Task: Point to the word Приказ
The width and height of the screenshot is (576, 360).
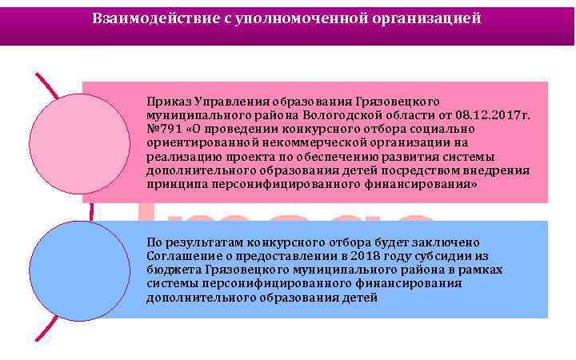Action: [166, 102]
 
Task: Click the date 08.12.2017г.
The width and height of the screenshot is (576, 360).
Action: [497, 115]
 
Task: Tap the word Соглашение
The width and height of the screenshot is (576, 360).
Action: [180, 255]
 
